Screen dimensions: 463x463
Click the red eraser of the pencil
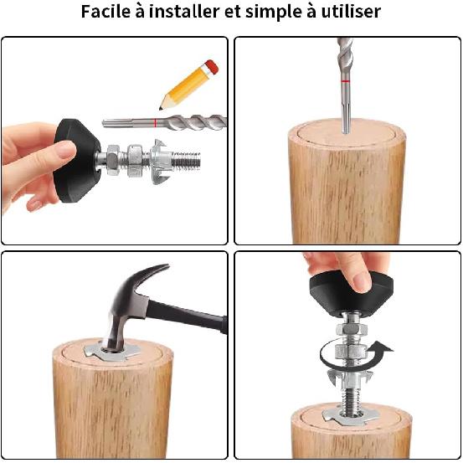click(x=213, y=66)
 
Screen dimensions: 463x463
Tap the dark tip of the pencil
click(x=161, y=108)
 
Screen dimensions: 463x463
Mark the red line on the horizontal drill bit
click(x=156, y=123)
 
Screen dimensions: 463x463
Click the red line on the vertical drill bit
click(x=345, y=80)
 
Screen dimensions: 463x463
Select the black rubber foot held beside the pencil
click(x=77, y=161)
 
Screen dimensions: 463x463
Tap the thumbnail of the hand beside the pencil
click(x=66, y=149)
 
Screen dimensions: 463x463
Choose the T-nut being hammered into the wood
click(x=112, y=352)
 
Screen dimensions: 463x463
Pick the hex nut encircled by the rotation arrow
click(x=351, y=352)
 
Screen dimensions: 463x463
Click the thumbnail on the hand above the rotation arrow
click(x=362, y=281)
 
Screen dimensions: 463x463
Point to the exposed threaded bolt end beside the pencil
click(x=186, y=162)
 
